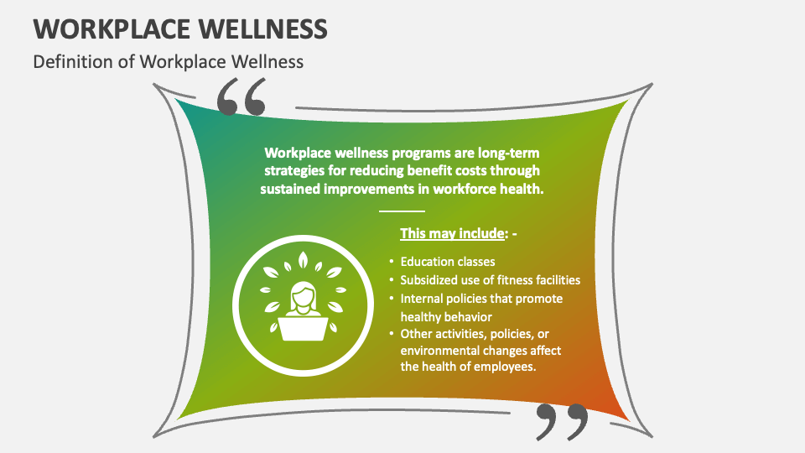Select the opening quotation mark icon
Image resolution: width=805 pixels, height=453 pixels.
click(x=241, y=97)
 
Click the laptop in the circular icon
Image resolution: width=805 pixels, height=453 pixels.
click(x=302, y=328)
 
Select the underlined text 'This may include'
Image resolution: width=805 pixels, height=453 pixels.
click(x=453, y=234)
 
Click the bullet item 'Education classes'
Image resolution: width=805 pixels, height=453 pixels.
click(x=448, y=262)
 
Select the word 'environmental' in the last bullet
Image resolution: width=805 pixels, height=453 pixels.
click(x=442, y=350)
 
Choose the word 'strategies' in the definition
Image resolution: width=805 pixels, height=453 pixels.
click(x=293, y=171)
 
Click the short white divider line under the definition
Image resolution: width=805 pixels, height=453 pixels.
click(x=402, y=211)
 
